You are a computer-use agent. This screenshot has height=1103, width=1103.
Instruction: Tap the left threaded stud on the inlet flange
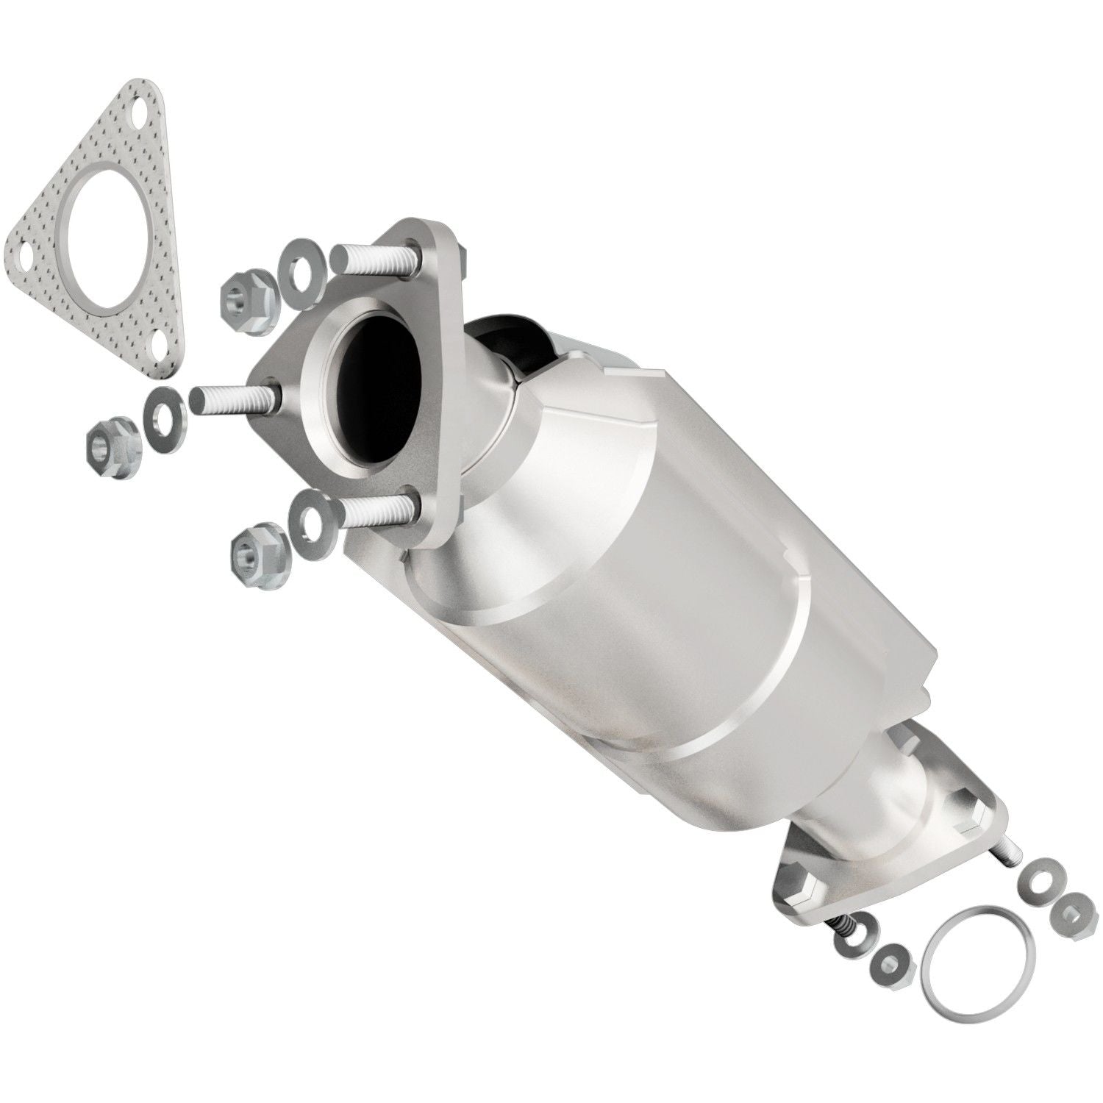pyautogui.click(x=234, y=397)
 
